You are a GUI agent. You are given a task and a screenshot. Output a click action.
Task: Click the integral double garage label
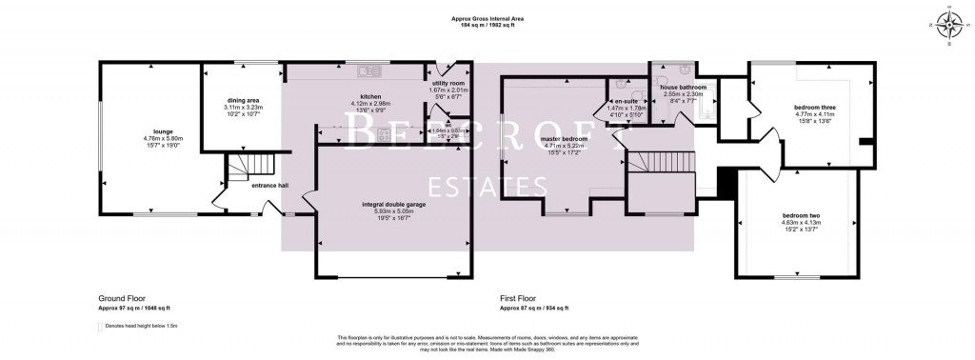(392, 205)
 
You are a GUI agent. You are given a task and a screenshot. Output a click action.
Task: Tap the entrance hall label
(269, 186)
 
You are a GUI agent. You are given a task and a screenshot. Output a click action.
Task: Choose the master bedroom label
(564, 138)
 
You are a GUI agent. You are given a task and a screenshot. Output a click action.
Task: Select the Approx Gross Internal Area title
(487, 19)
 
